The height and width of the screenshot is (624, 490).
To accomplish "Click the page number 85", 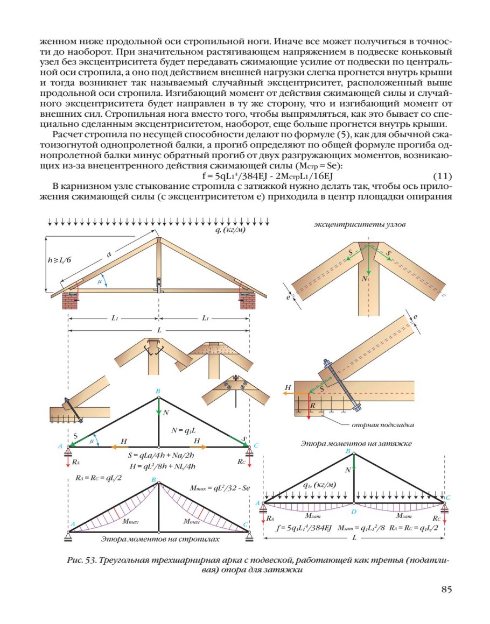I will click(446, 589).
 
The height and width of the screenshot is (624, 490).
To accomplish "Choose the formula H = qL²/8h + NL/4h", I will click(162, 466).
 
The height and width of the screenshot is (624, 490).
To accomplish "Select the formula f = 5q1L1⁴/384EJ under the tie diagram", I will click(304, 528).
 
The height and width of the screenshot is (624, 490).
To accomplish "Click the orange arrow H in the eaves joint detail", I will click(292, 393).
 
